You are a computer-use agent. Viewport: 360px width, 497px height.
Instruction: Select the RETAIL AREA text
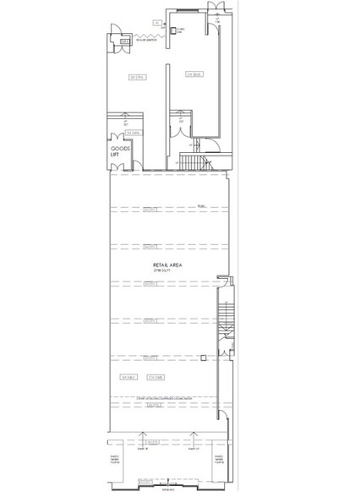[x=168, y=265]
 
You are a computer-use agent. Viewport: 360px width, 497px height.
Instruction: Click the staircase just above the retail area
[x=193, y=161]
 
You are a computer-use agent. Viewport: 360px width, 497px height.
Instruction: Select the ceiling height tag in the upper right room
[x=194, y=74]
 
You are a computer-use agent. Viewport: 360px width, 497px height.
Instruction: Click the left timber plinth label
[x=116, y=461]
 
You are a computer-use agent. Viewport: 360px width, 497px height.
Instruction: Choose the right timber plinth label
[x=220, y=461]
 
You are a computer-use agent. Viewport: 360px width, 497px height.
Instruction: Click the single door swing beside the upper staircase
[x=212, y=145]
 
